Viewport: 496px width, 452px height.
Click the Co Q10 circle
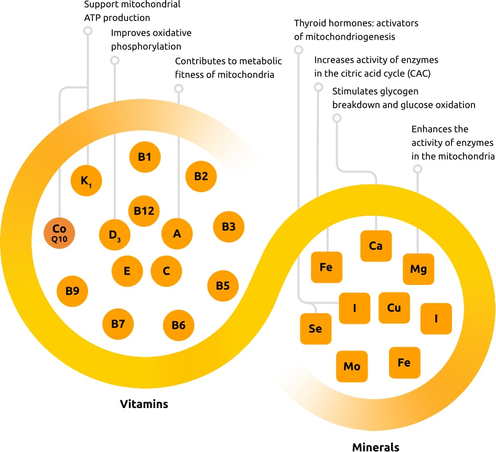(59, 234)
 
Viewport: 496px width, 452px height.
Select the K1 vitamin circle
(86, 181)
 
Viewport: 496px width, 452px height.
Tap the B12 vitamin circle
(144, 211)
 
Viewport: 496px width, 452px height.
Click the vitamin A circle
(177, 233)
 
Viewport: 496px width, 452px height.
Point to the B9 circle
(72, 289)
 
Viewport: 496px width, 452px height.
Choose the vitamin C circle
(166, 271)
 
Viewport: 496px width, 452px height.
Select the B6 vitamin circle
(178, 325)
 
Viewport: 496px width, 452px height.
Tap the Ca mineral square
(375, 246)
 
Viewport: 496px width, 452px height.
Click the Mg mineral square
(418, 269)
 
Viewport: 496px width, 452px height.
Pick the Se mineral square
(315, 329)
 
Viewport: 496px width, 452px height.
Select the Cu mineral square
(394, 307)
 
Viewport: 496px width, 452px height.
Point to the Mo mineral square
(352, 366)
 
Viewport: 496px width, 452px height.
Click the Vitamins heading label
(144, 404)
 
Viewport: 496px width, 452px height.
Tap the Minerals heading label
(375, 447)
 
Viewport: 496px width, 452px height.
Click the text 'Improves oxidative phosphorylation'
(151, 40)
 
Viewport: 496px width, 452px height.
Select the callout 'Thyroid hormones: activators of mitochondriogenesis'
(356, 30)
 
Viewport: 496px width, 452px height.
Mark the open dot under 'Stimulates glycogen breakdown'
(337, 119)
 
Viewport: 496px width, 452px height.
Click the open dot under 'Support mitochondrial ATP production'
(88, 31)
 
